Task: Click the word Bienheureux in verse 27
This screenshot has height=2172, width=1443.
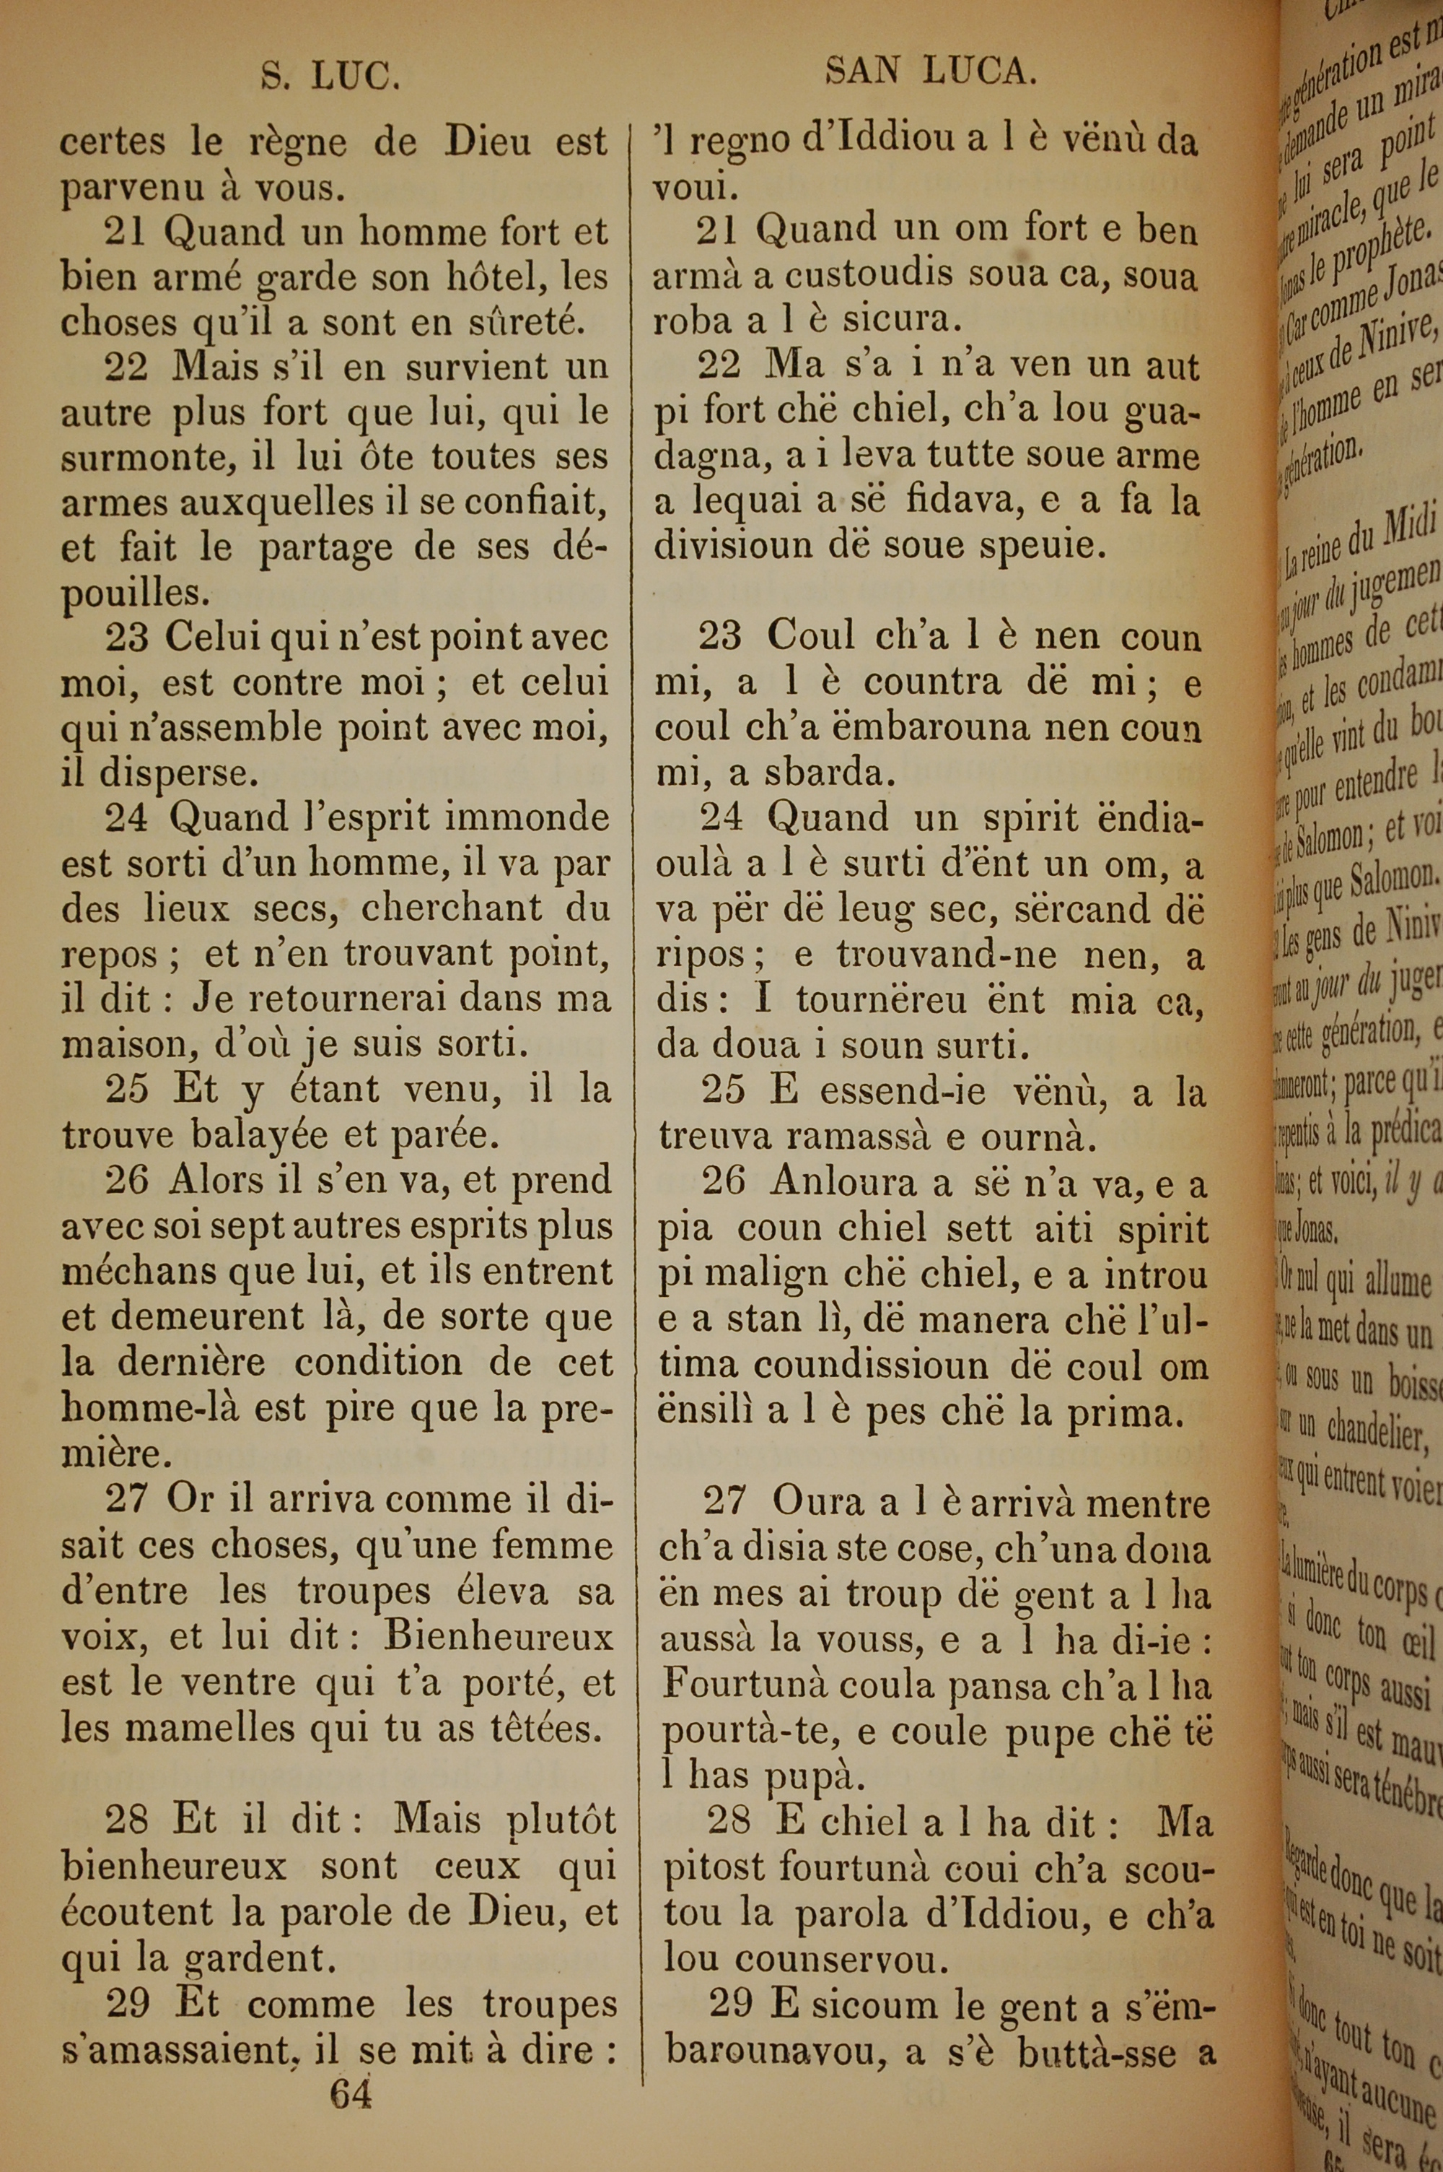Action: click(x=498, y=1636)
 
